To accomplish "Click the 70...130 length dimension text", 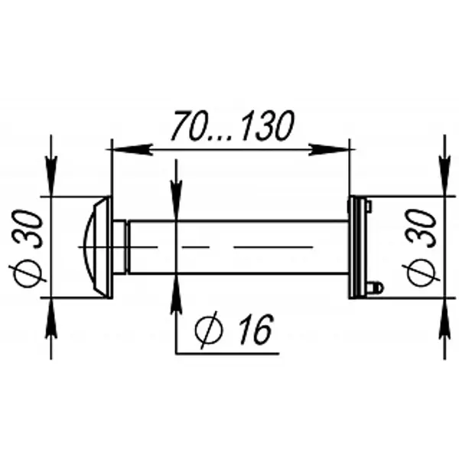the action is (233, 125).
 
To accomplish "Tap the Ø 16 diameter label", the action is (234, 330).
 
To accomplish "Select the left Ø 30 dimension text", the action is (27, 249).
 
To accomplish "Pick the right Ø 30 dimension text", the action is (421, 248).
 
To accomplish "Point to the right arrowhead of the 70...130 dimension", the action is (329, 149).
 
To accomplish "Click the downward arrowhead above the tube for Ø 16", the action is (176, 200).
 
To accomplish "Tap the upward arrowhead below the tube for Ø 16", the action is (176, 295).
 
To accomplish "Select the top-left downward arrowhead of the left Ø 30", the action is (51, 176).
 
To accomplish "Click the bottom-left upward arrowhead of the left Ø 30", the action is (51, 318).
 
